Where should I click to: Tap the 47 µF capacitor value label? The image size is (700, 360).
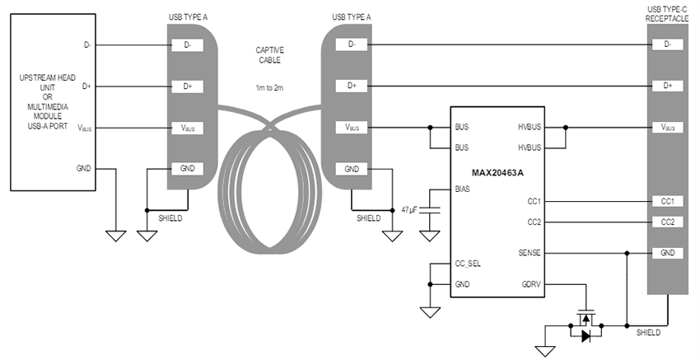point(408,211)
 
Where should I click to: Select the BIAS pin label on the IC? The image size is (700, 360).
point(464,189)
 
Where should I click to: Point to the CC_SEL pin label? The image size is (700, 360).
point(468,264)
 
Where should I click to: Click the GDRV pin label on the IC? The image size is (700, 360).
point(530,284)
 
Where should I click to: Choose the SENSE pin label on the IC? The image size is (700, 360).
point(528,252)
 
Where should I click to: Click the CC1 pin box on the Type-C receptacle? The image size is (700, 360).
point(667,201)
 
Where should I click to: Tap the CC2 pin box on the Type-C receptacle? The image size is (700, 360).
point(667,222)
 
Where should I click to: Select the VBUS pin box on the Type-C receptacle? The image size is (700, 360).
point(667,128)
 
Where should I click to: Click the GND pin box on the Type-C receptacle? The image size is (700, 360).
point(667,253)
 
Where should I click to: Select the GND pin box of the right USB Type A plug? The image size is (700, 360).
point(352,169)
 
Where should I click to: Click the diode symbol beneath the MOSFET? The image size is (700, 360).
point(586,335)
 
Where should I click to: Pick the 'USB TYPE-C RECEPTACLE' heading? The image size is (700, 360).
point(666,12)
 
